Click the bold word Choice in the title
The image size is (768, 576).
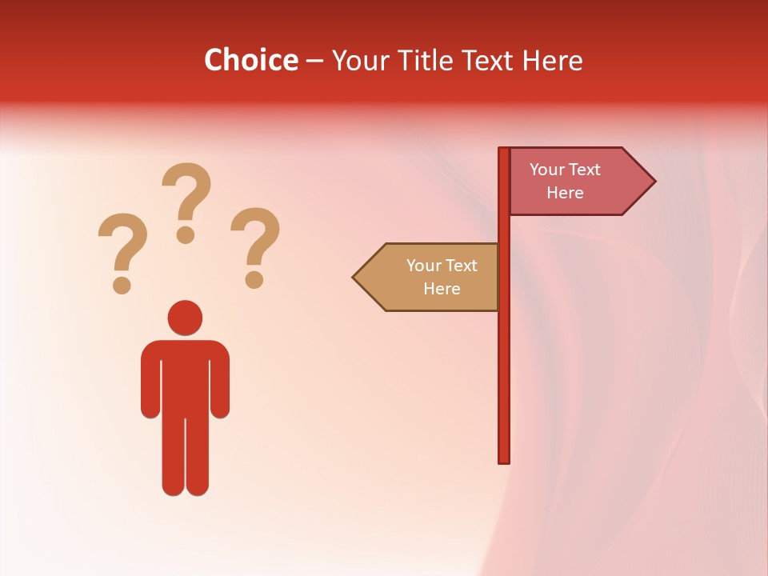(x=251, y=60)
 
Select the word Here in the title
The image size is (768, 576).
(x=553, y=60)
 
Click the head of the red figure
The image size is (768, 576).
(x=185, y=318)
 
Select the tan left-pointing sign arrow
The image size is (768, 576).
(x=429, y=277)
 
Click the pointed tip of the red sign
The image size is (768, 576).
(x=653, y=181)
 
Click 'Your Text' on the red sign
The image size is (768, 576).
(x=565, y=170)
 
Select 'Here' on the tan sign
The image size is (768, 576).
(x=442, y=289)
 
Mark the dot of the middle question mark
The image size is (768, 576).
(x=186, y=234)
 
